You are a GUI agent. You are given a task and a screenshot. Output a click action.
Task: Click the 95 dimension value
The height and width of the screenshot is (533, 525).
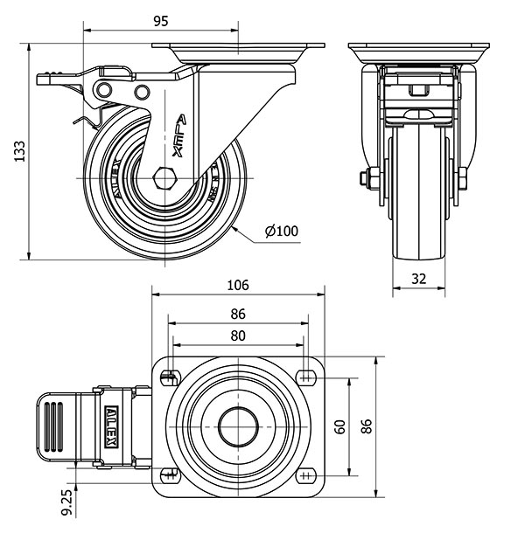point(159,20)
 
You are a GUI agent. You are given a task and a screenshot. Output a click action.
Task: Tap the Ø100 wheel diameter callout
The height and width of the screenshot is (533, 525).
point(281,231)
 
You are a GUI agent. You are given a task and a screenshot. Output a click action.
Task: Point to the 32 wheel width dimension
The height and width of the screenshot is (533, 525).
point(420,280)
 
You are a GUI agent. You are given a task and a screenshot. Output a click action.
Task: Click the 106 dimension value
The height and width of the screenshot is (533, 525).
point(238,285)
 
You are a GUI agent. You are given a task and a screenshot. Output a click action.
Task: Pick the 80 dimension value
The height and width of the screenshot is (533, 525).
point(238,335)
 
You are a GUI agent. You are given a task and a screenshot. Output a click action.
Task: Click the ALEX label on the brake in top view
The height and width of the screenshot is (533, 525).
point(112,426)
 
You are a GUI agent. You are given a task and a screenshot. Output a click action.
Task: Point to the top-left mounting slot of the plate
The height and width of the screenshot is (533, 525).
point(168,377)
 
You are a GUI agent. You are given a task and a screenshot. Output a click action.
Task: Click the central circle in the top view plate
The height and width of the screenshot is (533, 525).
point(238,426)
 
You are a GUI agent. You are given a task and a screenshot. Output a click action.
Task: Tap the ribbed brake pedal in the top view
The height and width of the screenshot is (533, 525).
point(54,426)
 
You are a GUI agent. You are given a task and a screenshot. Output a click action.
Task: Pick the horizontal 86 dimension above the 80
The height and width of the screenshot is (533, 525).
point(238,314)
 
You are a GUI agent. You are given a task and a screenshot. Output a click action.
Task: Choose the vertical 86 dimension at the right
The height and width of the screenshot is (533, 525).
point(368,426)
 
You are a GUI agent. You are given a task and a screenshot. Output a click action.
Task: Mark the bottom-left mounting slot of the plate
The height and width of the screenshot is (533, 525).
point(168,474)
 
